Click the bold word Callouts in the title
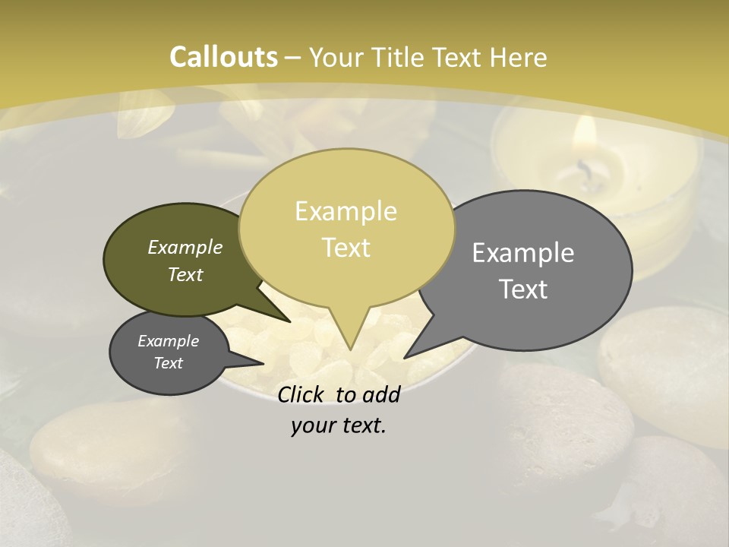(223, 57)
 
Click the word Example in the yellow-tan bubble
(346, 210)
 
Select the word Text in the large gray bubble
(523, 289)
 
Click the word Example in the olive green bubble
(185, 248)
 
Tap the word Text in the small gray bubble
(169, 363)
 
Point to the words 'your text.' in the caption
(338, 425)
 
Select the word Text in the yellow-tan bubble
(346, 248)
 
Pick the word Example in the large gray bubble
(523, 253)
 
